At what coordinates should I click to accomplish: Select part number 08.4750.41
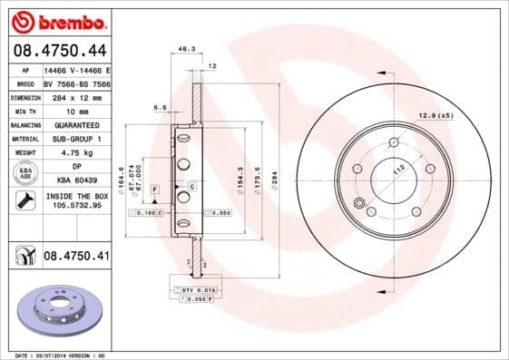tap(76, 257)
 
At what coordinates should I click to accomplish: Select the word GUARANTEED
tap(75, 124)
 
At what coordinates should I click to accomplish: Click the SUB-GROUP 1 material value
tap(75, 139)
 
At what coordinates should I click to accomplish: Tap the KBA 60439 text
tap(75, 181)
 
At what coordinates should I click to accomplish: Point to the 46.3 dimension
tap(186, 50)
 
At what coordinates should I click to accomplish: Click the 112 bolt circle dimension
tap(396, 170)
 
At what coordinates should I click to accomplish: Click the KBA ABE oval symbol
tap(24, 174)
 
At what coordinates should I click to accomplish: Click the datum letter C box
tap(192, 186)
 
